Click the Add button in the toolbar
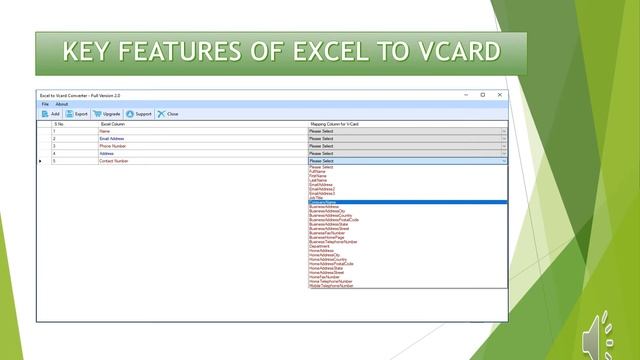50,114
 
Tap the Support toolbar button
139,114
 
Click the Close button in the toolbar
168,114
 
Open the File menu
45,104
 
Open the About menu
62,104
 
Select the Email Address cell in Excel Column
112,138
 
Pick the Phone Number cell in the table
112,146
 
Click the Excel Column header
112,124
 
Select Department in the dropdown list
321,246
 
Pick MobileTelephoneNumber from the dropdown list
331,285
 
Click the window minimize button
467,95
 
